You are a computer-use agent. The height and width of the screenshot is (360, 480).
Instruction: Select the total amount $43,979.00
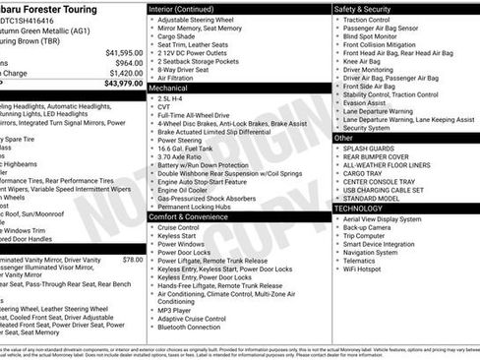click(123, 83)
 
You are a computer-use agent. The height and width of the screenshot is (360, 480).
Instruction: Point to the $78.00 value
click(132, 260)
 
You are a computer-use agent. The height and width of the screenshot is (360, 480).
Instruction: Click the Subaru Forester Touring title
click(50, 9)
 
